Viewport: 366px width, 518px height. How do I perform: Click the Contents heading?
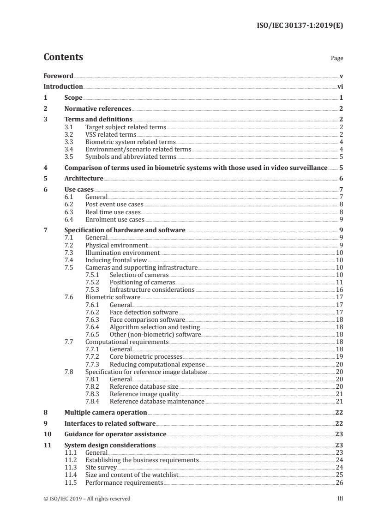click(x=63, y=57)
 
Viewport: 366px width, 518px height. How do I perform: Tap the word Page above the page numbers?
click(x=336, y=59)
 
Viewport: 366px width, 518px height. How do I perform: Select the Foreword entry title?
click(x=58, y=75)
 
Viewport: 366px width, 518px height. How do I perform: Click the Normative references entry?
click(x=98, y=109)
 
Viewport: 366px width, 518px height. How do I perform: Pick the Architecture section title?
click(x=84, y=178)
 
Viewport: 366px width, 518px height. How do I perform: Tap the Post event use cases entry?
click(x=114, y=205)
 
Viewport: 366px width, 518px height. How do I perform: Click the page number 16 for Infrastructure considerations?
click(x=338, y=289)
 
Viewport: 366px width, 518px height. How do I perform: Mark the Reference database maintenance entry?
click(x=156, y=402)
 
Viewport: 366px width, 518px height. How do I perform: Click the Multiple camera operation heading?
click(x=105, y=412)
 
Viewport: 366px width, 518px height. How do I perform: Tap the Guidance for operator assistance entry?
click(x=115, y=434)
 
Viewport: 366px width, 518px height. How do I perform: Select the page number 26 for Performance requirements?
click(x=338, y=482)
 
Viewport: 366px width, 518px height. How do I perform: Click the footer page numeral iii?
click(x=340, y=499)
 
